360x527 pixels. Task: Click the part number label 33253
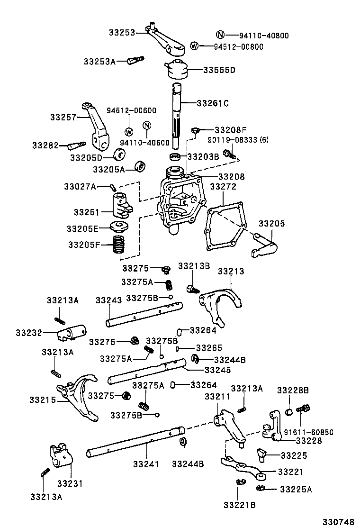click(122, 32)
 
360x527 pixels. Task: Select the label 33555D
click(219, 70)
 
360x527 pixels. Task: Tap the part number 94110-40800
click(264, 36)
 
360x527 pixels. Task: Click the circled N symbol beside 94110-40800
click(220, 35)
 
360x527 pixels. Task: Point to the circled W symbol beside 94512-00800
click(194, 46)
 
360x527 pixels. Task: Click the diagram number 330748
click(339, 521)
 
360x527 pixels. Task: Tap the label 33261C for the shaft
click(212, 103)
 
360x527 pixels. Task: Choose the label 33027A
click(80, 187)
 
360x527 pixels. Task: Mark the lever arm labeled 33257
click(97, 126)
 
